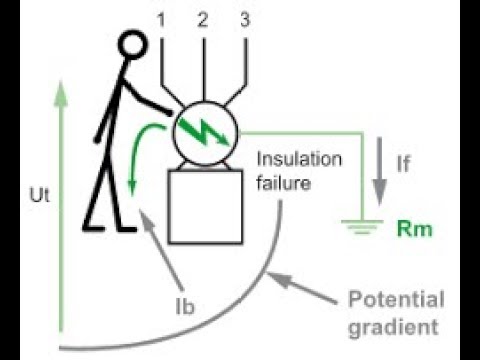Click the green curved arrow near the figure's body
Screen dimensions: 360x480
140,150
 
